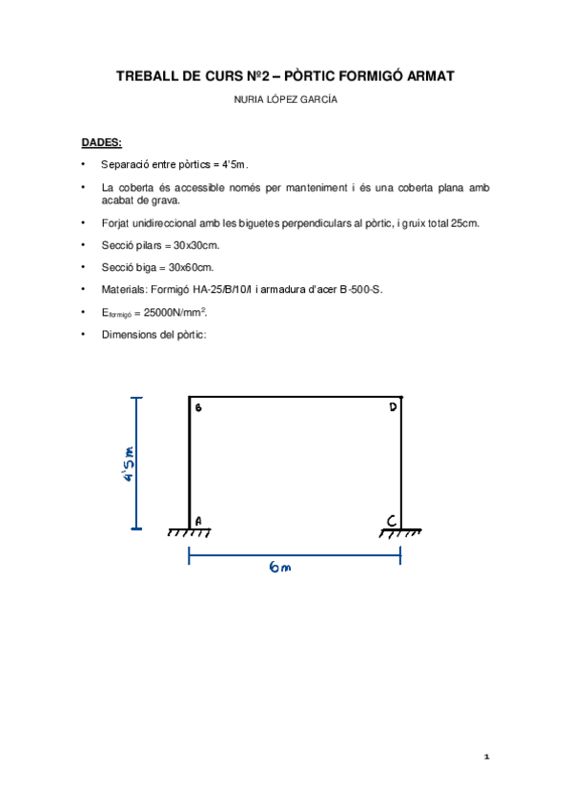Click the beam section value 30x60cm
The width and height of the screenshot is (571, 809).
[x=191, y=267]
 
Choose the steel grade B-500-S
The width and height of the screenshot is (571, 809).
[x=362, y=289]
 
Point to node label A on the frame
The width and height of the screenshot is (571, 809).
[x=199, y=521]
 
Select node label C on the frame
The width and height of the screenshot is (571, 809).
[x=392, y=521]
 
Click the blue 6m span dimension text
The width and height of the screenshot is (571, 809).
[x=280, y=569]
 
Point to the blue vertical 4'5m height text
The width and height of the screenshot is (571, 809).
[x=130, y=464]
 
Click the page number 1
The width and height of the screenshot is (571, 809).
[x=486, y=757]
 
